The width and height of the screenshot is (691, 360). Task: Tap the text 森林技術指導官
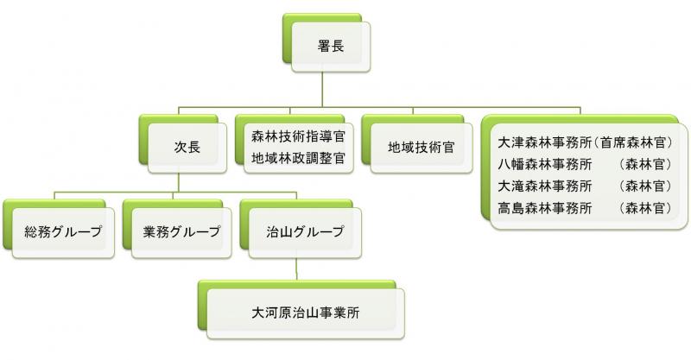point(298,136)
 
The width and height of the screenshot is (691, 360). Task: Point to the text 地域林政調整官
point(298,158)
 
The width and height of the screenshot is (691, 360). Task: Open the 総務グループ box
point(63,231)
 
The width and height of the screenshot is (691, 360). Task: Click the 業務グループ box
point(182,231)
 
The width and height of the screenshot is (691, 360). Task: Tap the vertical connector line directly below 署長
point(322,91)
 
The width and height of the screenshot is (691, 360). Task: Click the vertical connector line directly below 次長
point(178,181)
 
